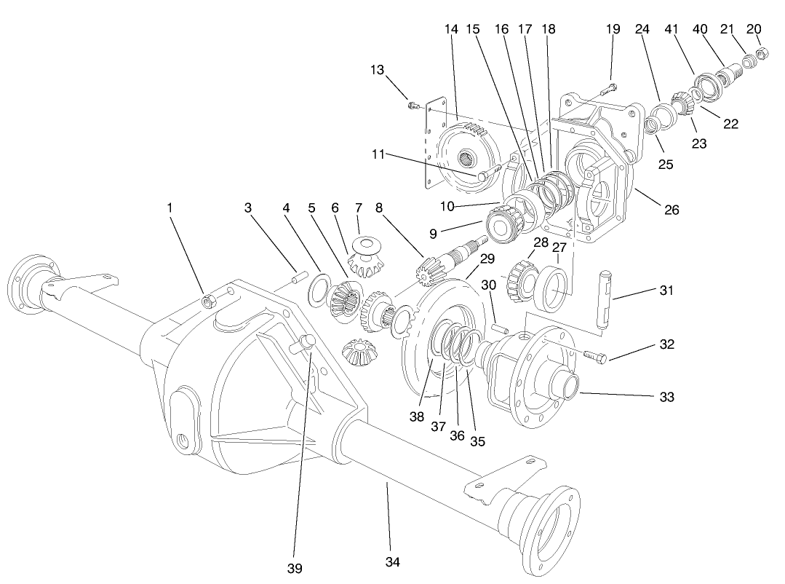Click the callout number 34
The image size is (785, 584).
[393, 562]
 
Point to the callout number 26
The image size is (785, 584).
[671, 210]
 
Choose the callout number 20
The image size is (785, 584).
[754, 28]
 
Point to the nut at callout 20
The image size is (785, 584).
[764, 52]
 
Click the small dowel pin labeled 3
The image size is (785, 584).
[297, 277]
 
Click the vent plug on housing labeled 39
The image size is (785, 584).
[303, 342]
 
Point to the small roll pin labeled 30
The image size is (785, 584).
[498, 328]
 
